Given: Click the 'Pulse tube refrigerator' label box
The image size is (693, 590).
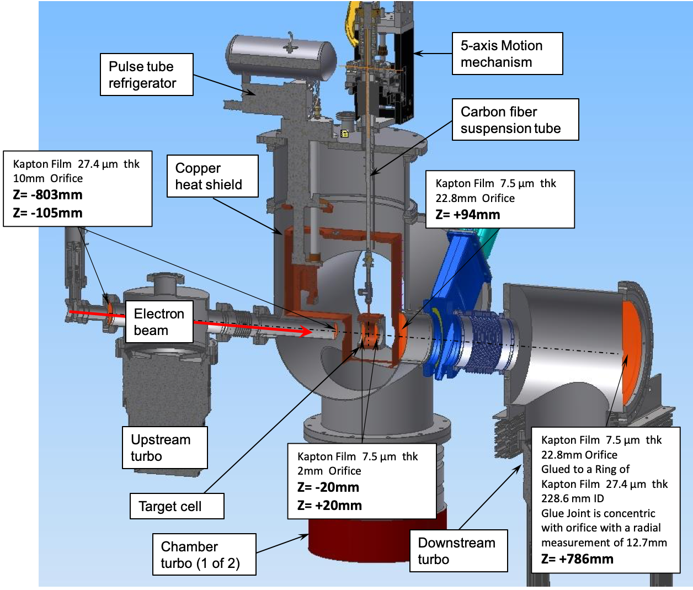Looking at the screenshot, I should pos(146,75).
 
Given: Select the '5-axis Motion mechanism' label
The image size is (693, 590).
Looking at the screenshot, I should pos(507,54).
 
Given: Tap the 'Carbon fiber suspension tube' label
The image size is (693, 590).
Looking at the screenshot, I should pos(515,120).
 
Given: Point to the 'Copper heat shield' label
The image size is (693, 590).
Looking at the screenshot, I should pos(212,176).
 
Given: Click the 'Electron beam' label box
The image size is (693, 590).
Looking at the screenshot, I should pos(159,322).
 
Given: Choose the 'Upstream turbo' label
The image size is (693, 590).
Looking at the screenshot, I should pos(164,448).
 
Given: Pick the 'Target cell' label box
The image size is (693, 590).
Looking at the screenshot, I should pos(177,506).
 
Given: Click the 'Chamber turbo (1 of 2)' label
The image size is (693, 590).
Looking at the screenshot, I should pos(204,555).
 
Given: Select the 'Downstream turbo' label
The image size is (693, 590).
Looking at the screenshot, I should pos(458,551).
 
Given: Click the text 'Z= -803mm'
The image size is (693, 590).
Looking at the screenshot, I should pos(47,195).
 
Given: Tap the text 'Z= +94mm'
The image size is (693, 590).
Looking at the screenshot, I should pos(468,215).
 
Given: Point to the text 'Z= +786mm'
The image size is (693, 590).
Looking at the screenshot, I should pos(577,559).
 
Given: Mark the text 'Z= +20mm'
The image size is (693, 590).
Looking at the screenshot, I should pos(329,506).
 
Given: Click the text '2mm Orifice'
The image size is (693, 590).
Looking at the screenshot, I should pos(329,471).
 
